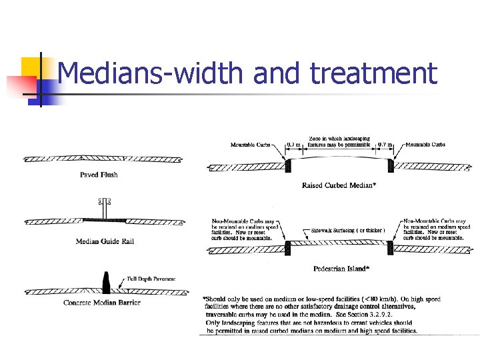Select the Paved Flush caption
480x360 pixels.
(99, 175)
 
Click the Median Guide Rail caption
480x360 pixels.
(105, 241)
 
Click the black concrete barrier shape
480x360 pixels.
(105, 283)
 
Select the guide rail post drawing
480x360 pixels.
(105, 207)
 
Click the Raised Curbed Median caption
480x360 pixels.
(339, 185)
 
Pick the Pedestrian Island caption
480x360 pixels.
(340, 269)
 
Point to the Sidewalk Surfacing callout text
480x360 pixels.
(347, 231)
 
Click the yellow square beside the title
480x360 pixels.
(32, 67)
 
